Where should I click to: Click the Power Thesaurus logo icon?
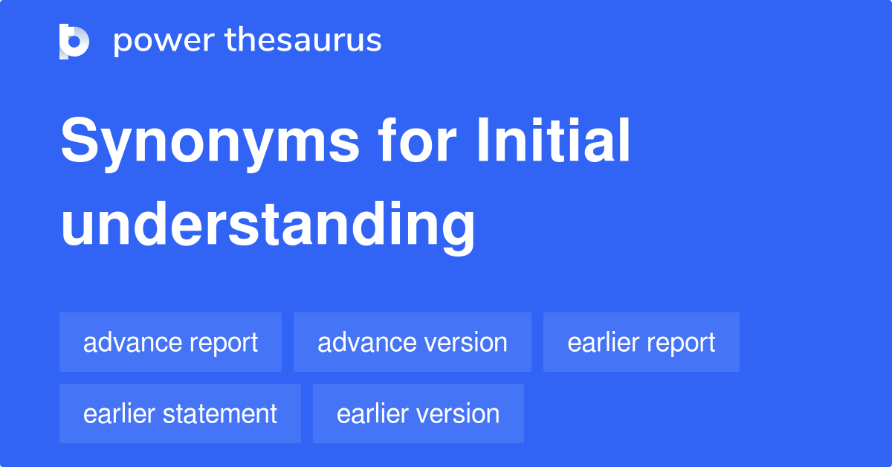[74, 41]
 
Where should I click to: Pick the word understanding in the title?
[268, 225]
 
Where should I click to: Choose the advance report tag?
[170, 342]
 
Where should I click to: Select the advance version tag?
[412, 342]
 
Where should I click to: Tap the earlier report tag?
[641, 342]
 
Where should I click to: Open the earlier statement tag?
[180, 413]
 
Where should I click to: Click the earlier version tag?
[418, 413]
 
